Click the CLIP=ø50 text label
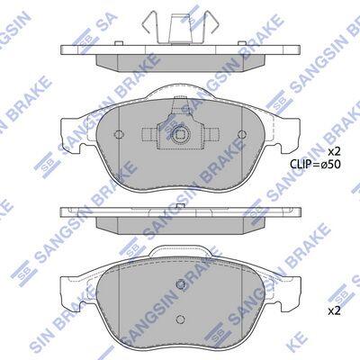(x=315, y=164)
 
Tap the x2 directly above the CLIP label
(x=335, y=151)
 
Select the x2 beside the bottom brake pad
(x=335, y=311)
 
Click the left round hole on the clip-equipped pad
(x=119, y=134)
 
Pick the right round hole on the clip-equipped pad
(x=242, y=134)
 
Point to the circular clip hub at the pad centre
(x=180, y=135)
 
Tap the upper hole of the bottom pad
(x=180, y=283)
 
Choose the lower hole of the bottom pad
(x=180, y=319)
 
